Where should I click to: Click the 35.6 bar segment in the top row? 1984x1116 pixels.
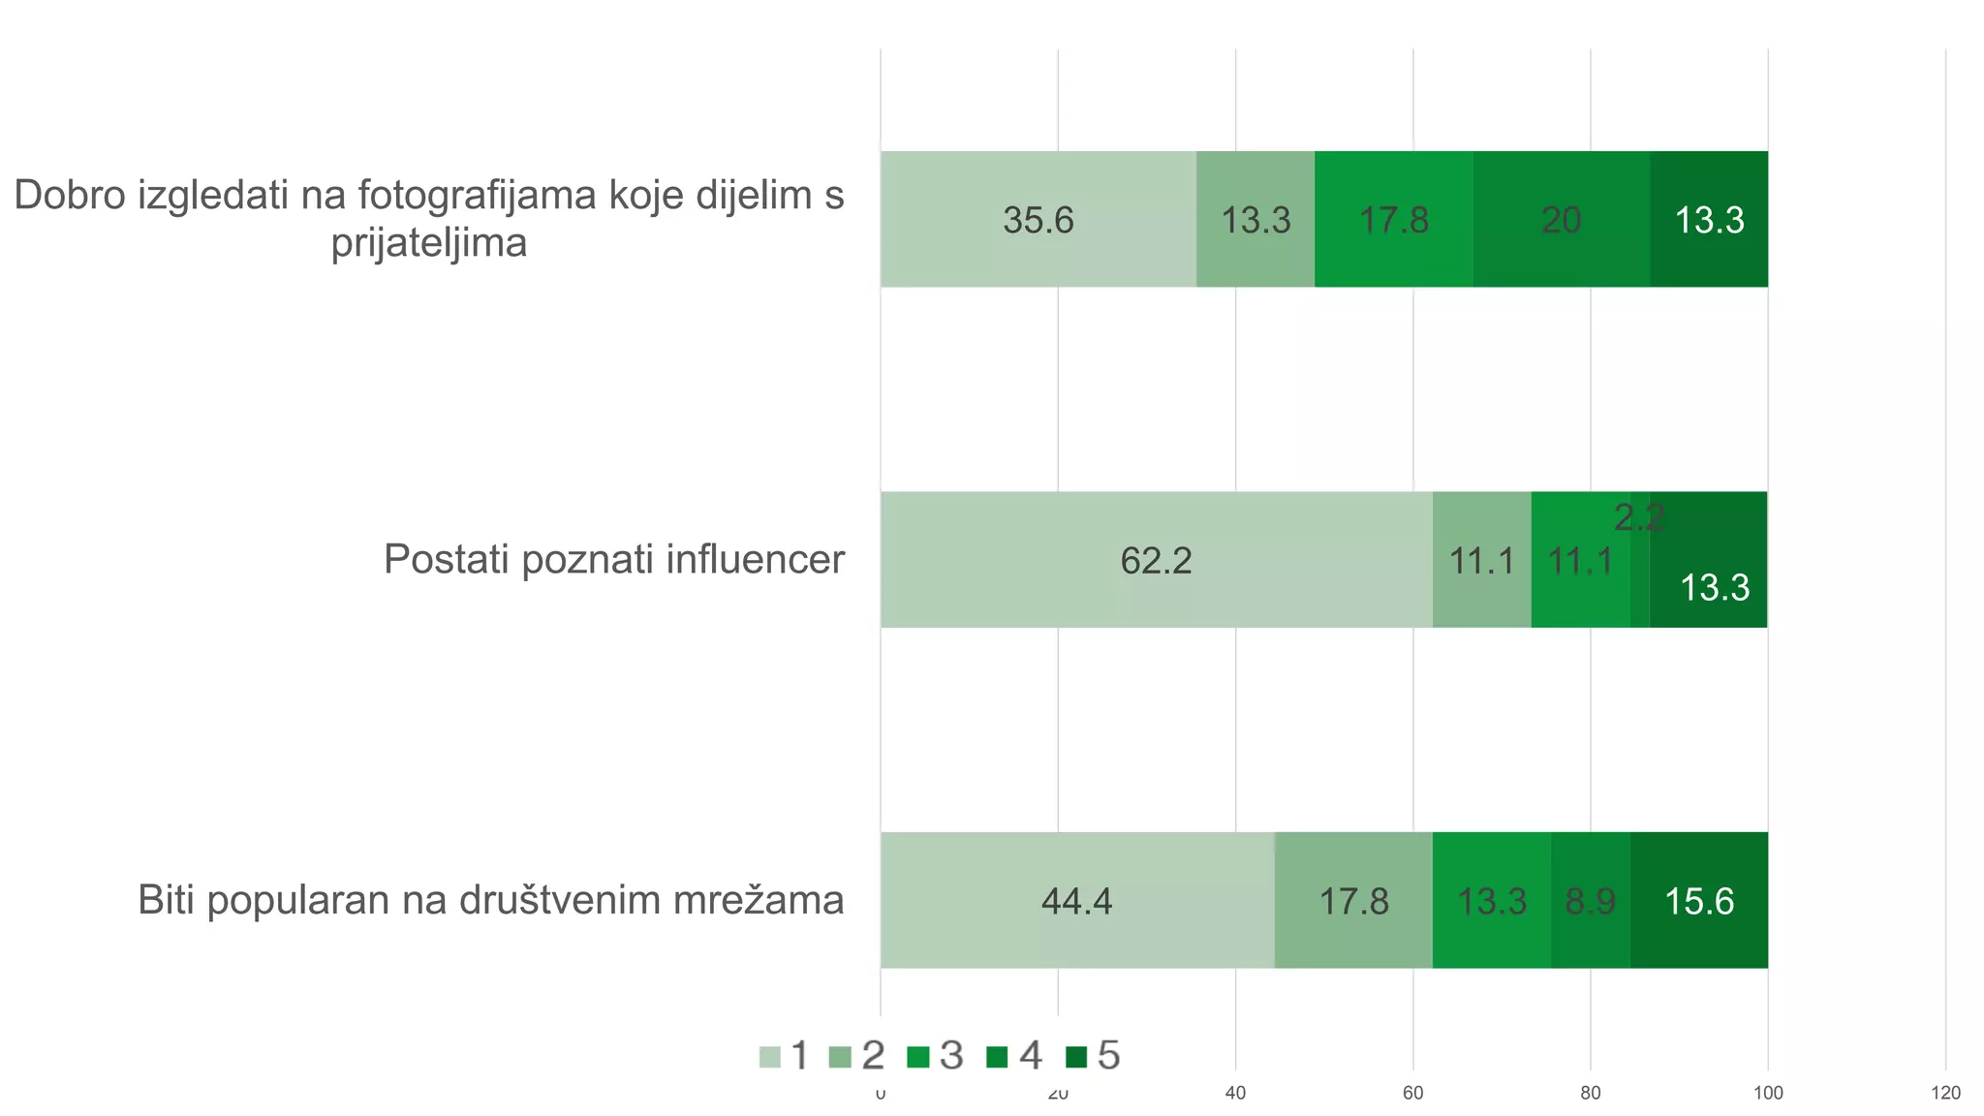coord(1038,220)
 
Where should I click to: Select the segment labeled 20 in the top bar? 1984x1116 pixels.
coord(1562,220)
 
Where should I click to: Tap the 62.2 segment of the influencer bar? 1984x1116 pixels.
coord(1156,560)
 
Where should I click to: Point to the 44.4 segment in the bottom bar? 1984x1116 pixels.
coord(1076,901)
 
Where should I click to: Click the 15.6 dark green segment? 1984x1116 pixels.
coord(1698,901)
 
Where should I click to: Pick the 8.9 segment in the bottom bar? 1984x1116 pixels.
coord(1590,901)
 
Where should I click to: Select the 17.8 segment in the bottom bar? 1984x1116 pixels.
coord(1353,901)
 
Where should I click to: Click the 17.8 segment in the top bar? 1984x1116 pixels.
coord(1393,220)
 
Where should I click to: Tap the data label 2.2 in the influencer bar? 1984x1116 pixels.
coord(1638,518)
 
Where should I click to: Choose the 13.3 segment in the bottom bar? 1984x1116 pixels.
coord(1492,901)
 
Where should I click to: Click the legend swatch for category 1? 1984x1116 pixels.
coord(769,1057)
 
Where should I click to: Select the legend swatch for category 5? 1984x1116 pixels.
coord(1075,1057)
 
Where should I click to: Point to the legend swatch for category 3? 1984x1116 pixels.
coord(917,1057)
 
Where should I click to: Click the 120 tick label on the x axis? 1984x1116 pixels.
coord(1945,1094)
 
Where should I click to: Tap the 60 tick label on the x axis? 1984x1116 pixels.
coord(1412,1094)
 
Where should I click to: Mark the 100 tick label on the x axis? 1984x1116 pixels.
coord(1768,1094)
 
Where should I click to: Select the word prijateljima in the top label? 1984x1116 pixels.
coord(429,242)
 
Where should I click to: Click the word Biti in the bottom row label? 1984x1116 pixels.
coord(167,901)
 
